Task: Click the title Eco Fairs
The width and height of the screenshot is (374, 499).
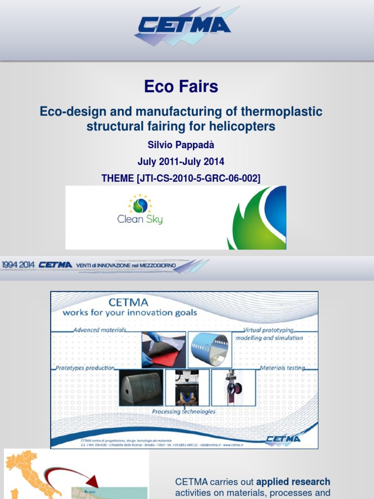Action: coord(181,87)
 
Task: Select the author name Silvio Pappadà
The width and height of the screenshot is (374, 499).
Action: coord(181,146)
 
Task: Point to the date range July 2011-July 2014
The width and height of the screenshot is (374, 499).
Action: coord(181,162)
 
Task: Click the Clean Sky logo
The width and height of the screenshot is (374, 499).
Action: coord(140,210)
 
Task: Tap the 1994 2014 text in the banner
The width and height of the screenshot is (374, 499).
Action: coord(18,265)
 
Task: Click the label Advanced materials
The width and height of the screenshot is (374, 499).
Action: coord(99,330)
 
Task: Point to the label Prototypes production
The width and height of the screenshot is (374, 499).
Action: coord(85,368)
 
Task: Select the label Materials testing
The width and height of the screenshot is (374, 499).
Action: coord(282,368)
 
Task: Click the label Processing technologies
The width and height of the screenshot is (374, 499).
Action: coord(184,411)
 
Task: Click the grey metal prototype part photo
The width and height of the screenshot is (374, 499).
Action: coord(141,388)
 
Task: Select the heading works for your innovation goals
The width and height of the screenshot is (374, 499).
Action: coord(130,312)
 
